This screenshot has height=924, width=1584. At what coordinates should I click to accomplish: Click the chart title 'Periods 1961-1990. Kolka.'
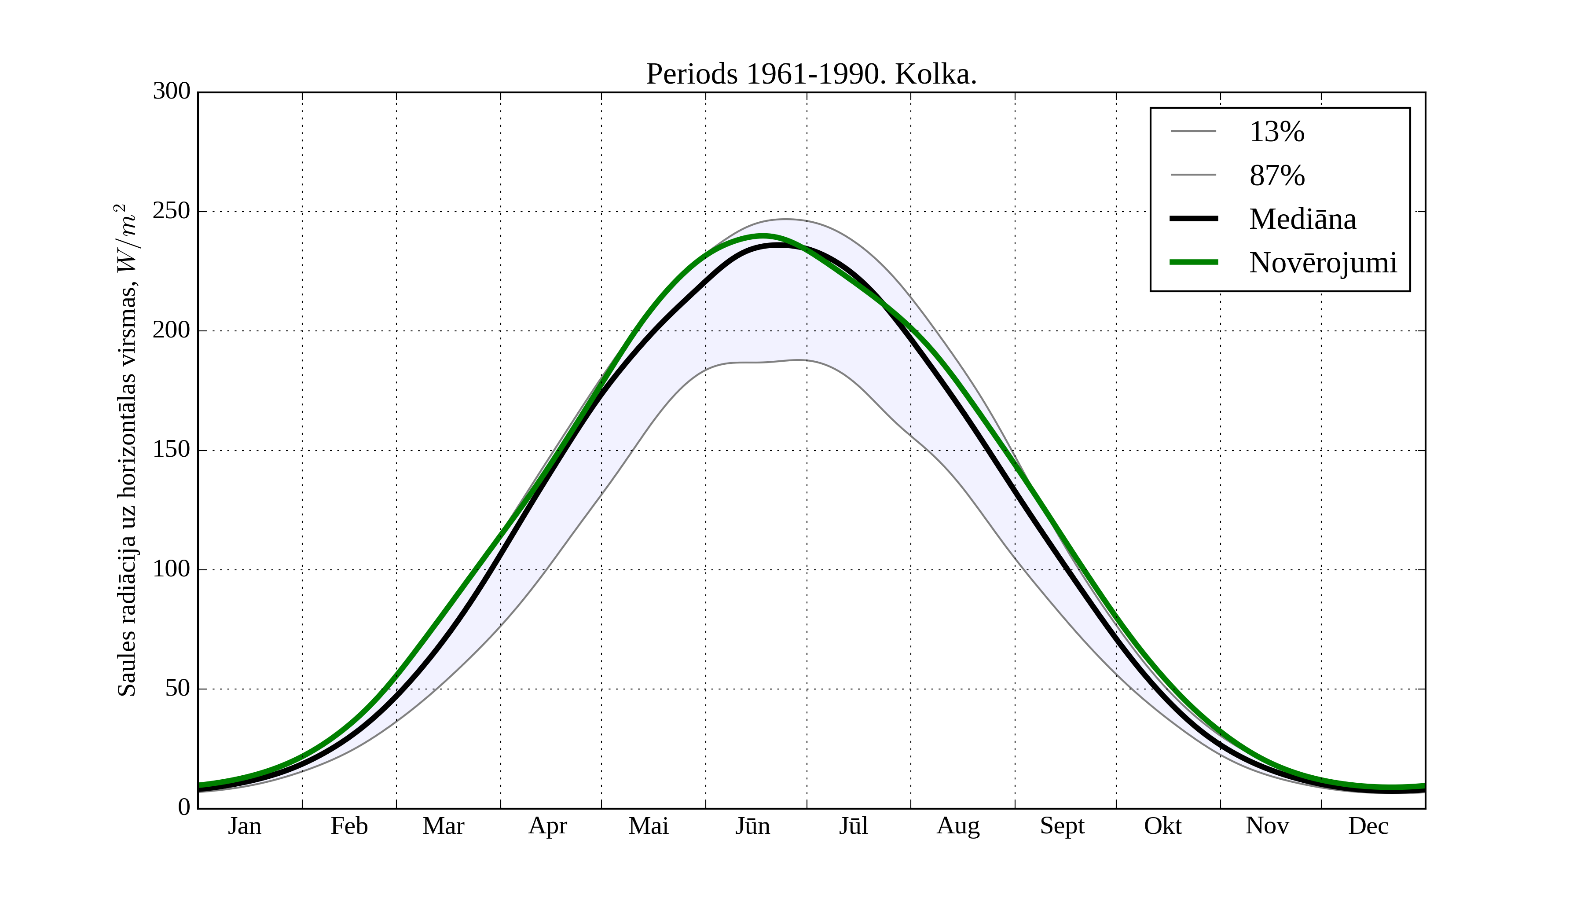(x=811, y=75)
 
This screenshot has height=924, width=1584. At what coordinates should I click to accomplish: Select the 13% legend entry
(x=1276, y=132)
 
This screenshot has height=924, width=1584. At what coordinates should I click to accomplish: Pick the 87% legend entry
(x=1276, y=176)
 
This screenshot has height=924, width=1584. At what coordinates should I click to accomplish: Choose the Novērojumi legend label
(x=1323, y=263)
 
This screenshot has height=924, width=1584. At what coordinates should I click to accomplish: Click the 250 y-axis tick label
(x=172, y=211)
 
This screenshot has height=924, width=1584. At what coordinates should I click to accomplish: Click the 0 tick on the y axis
(x=184, y=807)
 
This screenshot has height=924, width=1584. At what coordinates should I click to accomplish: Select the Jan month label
(x=245, y=826)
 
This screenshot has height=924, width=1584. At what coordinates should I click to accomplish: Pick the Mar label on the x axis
(x=443, y=826)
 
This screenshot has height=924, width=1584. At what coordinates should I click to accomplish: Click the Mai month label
(x=648, y=826)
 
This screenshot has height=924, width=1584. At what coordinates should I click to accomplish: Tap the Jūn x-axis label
(x=752, y=826)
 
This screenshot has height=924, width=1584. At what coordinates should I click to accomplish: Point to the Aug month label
(x=958, y=826)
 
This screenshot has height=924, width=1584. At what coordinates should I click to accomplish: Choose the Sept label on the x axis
(x=1062, y=826)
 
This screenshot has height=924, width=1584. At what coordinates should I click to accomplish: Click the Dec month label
(x=1368, y=826)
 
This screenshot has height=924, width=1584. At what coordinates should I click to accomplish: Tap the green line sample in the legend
(x=1194, y=262)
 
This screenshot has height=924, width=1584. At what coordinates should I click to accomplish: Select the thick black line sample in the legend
(x=1194, y=219)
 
